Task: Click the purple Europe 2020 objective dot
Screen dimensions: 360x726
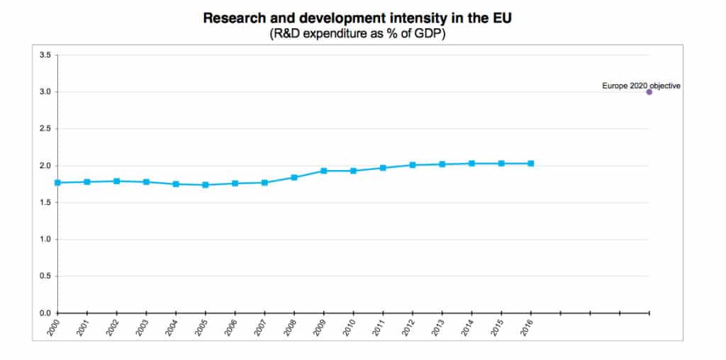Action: coord(649,91)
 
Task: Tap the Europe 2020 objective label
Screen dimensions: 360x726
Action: coord(641,85)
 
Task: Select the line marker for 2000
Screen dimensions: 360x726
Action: coord(57,183)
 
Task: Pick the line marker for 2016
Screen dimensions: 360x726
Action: coord(530,164)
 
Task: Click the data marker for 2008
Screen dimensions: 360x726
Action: coord(294,177)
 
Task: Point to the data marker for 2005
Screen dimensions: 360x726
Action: coord(205,185)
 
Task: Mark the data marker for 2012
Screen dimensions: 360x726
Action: coord(412,165)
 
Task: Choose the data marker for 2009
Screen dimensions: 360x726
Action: coord(323,171)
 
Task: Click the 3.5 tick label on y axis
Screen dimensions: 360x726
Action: coord(45,55)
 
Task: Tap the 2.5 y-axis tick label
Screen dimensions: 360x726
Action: coord(45,129)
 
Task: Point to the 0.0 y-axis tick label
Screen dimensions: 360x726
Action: coord(45,313)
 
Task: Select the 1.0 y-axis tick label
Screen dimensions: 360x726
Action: coord(45,240)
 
